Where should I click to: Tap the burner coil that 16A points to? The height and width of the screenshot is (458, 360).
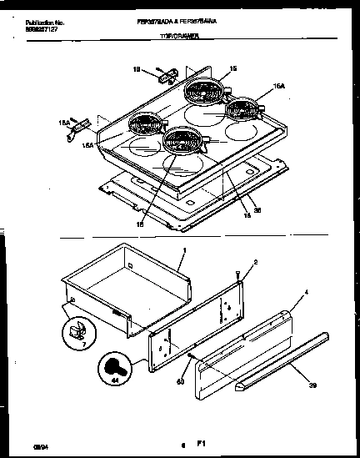pyautogui.click(x=242, y=108)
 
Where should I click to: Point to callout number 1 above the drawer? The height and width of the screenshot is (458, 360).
pyautogui.click(x=184, y=250)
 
